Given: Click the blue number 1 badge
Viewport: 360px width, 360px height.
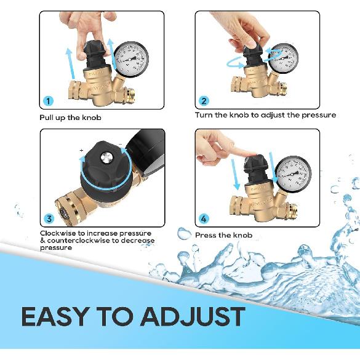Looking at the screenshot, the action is (x=48, y=101).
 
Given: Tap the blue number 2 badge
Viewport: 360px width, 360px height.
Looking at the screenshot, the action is (x=204, y=101).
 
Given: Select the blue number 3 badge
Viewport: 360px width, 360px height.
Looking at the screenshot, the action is (x=49, y=218).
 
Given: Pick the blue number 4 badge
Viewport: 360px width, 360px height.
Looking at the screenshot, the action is (x=204, y=219).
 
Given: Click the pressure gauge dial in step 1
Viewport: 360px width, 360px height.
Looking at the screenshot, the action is (x=131, y=58).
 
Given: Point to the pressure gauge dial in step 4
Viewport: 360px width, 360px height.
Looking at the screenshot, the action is (x=293, y=173).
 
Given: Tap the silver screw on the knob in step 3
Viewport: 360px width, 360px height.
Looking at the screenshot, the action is (x=106, y=158).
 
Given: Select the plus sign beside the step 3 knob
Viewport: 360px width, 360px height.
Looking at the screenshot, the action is (x=81, y=150).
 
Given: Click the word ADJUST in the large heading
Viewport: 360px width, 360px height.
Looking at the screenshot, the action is (x=193, y=316).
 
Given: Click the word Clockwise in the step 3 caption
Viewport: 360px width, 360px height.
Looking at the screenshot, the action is (x=58, y=233).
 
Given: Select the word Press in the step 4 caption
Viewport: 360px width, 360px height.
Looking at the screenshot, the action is (x=206, y=235).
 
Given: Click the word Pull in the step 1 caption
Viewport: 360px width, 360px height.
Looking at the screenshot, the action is (x=46, y=118).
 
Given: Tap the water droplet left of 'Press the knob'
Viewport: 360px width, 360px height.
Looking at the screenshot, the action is (x=184, y=233).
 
